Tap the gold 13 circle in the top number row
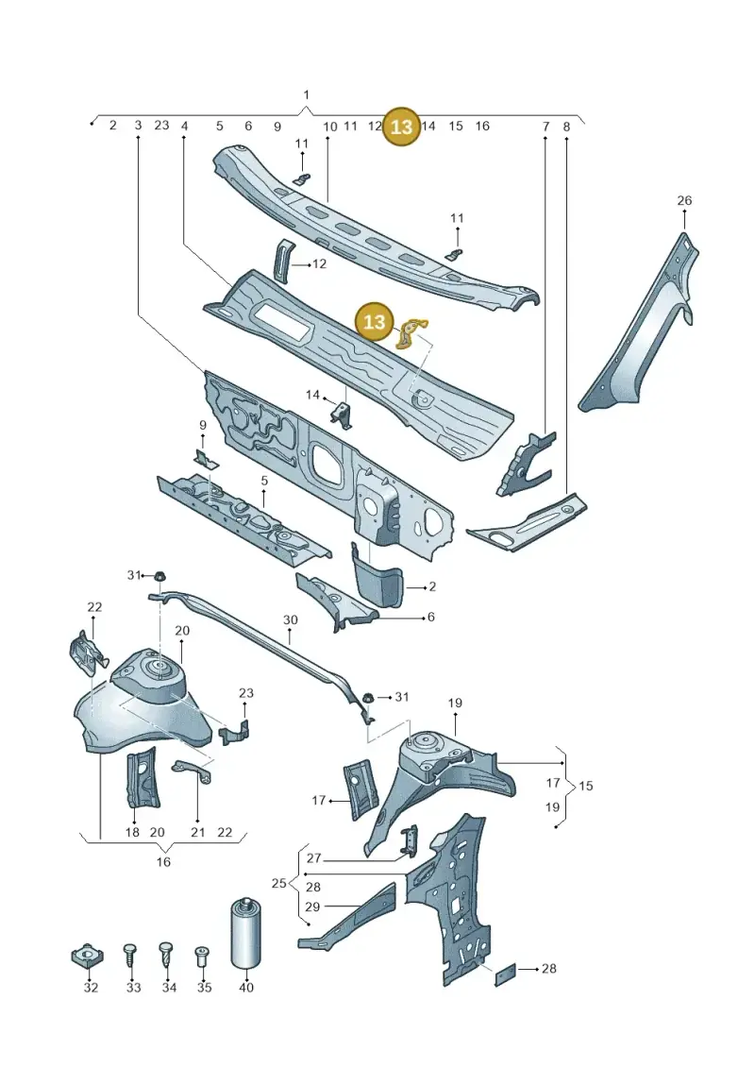pyautogui.click(x=402, y=126)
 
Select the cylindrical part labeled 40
pyautogui.click(x=245, y=934)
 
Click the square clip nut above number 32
pyautogui.click(x=88, y=957)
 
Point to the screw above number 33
pyautogui.click(x=132, y=961)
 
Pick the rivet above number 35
pyautogui.click(x=202, y=957)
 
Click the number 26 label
pyautogui.click(x=684, y=200)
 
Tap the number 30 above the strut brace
pyautogui.click(x=290, y=619)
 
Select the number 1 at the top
pyautogui.click(x=307, y=94)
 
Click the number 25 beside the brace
pyautogui.click(x=278, y=884)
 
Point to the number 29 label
pyautogui.click(x=312, y=907)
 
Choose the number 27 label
pyautogui.click(x=313, y=859)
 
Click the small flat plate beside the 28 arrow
pyautogui.click(x=505, y=975)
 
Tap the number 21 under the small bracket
pyautogui.click(x=197, y=832)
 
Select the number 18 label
pyautogui.click(x=132, y=832)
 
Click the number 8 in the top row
pyautogui.click(x=566, y=126)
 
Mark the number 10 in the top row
pyautogui.click(x=330, y=126)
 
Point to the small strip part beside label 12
pyautogui.click(x=282, y=259)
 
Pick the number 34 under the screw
pyautogui.click(x=169, y=987)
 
